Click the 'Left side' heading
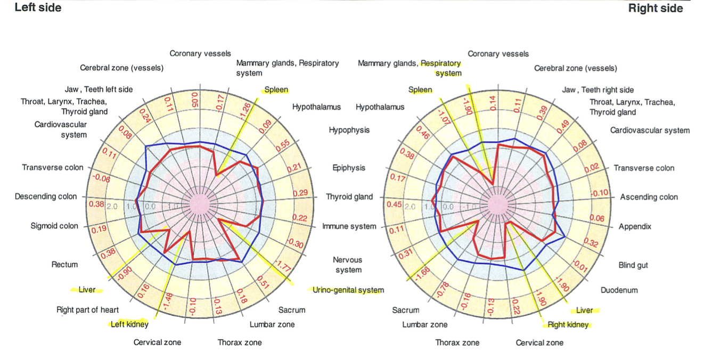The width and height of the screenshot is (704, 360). (38, 7)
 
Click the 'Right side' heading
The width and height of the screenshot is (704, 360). (656, 8)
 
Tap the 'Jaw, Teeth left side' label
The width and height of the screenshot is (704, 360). (99, 89)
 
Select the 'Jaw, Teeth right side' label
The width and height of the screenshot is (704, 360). (598, 90)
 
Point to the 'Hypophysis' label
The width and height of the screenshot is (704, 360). (349, 130)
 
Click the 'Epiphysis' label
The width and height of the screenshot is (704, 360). (349, 168)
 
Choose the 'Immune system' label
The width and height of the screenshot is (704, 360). (349, 226)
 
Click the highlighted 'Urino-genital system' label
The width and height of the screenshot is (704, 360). (348, 290)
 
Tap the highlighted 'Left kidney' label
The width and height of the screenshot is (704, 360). (129, 324)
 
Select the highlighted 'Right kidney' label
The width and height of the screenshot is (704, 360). (568, 324)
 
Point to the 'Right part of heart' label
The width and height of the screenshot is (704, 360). (87, 310)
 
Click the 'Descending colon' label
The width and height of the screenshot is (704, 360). (46, 197)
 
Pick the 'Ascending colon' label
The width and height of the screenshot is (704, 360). (649, 197)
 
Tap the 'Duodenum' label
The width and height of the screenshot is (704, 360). (619, 290)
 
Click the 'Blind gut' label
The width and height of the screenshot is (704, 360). (633, 265)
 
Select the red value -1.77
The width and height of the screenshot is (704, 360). (283, 266)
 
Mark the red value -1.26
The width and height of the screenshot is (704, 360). (245, 111)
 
